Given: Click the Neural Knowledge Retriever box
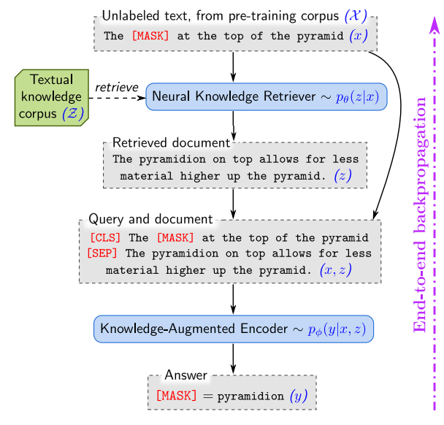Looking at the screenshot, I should (266, 96).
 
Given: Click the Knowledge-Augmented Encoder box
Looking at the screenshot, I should (234, 329).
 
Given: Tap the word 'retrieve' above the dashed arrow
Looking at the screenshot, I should (116, 87).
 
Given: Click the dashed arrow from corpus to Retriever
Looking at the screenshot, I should (117, 97).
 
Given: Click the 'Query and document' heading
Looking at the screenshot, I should (150, 219).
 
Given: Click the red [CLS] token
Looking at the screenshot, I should (107, 238).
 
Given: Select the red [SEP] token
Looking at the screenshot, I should (103, 253).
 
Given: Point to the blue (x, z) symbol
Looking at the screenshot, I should (337, 269).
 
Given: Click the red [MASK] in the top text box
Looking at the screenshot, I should (150, 35).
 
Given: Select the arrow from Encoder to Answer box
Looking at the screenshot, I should (233, 358).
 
